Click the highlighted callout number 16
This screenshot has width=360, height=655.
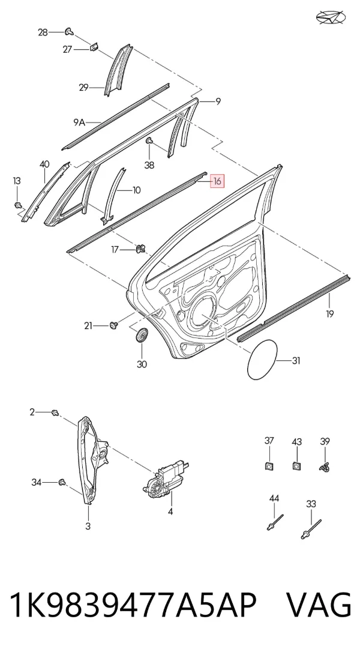(217, 181)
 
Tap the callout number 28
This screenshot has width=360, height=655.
(43, 32)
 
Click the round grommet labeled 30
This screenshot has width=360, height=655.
(142, 334)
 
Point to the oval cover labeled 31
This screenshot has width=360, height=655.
(262, 360)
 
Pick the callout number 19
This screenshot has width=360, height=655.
(330, 314)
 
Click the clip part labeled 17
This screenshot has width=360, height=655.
(141, 249)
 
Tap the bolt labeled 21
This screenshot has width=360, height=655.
(113, 325)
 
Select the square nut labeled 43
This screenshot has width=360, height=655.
(296, 465)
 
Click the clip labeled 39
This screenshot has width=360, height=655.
(325, 466)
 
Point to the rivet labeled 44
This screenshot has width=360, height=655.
(275, 522)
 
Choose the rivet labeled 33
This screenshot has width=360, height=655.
(311, 529)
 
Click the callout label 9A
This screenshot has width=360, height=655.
(79, 122)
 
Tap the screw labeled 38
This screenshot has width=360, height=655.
(149, 142)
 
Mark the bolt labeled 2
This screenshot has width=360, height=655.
(54, 412)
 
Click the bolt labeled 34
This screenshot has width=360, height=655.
(62, 483)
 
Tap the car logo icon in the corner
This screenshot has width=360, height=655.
(331, 17)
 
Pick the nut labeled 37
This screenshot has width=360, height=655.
(269, 465)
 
